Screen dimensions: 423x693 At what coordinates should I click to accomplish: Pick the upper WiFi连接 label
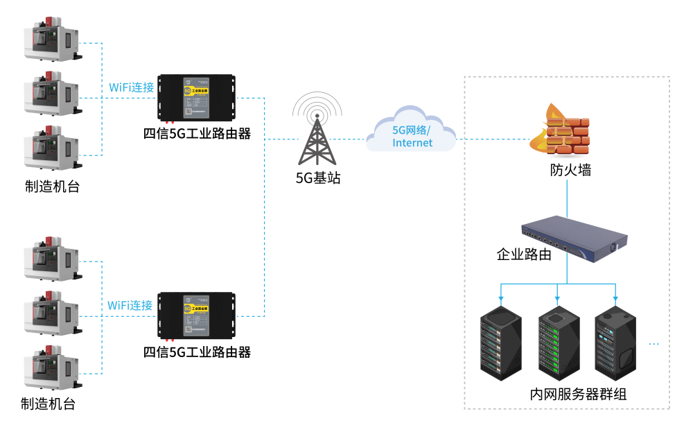click(132, 88)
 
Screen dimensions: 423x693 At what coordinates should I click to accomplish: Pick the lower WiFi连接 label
click(130, 306)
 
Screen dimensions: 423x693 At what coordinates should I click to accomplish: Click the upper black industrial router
click(196, 98)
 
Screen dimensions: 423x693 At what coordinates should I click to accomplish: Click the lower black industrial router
click(196, 316)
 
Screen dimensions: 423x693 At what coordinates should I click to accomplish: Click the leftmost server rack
click(501, 343)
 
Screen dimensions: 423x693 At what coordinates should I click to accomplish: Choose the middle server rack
click(559, 344)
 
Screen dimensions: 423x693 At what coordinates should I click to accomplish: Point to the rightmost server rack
click(615, 344)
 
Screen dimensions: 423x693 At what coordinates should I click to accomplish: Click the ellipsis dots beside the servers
click(653, 345)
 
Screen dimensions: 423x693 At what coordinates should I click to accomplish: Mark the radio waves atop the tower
click(317, 104)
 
